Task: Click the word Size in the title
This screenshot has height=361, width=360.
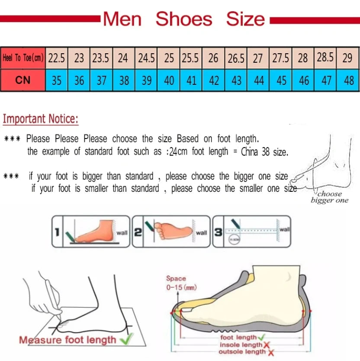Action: pos(245,19)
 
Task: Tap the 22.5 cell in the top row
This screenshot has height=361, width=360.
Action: pos(56,58)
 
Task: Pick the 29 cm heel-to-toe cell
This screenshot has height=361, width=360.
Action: pos(347,58)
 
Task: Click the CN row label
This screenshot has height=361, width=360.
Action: pos(22,80)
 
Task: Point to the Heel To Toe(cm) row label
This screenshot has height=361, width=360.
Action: pos(23,58)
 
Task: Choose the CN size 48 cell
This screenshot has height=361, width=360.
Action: pos(348,80)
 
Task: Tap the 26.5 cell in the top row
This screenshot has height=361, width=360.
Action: pos(236,58)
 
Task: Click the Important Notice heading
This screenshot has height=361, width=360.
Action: pos(41,119)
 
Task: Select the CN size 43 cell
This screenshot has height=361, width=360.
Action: pos(236,80)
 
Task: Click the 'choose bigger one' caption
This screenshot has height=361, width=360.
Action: pos(329,197)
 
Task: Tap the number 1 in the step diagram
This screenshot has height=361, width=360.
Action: pos(57,232)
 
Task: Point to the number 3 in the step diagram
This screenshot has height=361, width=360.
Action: pos(219,232)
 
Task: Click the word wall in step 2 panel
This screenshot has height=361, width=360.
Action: pos(201,233)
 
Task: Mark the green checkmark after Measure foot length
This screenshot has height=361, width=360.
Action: pos(126,339)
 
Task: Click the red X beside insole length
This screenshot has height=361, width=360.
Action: pos(266,345)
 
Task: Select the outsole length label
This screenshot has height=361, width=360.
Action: pos(242,352)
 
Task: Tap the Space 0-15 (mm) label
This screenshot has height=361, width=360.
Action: pos(176,283)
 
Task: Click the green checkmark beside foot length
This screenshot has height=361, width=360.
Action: pos(262,337)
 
